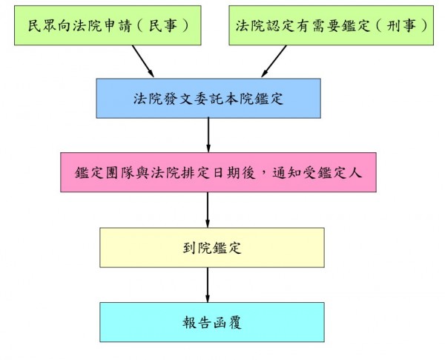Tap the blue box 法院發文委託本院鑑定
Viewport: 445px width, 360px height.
pyautogui.click(x=207, y=96)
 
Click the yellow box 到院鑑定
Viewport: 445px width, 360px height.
pyautogui.click(x=212, y=247)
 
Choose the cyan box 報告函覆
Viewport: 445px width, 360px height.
pyautogui.click(x=212, y=323)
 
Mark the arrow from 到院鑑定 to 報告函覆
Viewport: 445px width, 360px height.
pyautogui.click(x=208, y=285)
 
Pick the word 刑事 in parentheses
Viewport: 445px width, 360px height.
pyautogui.click(x=408, y=24)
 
